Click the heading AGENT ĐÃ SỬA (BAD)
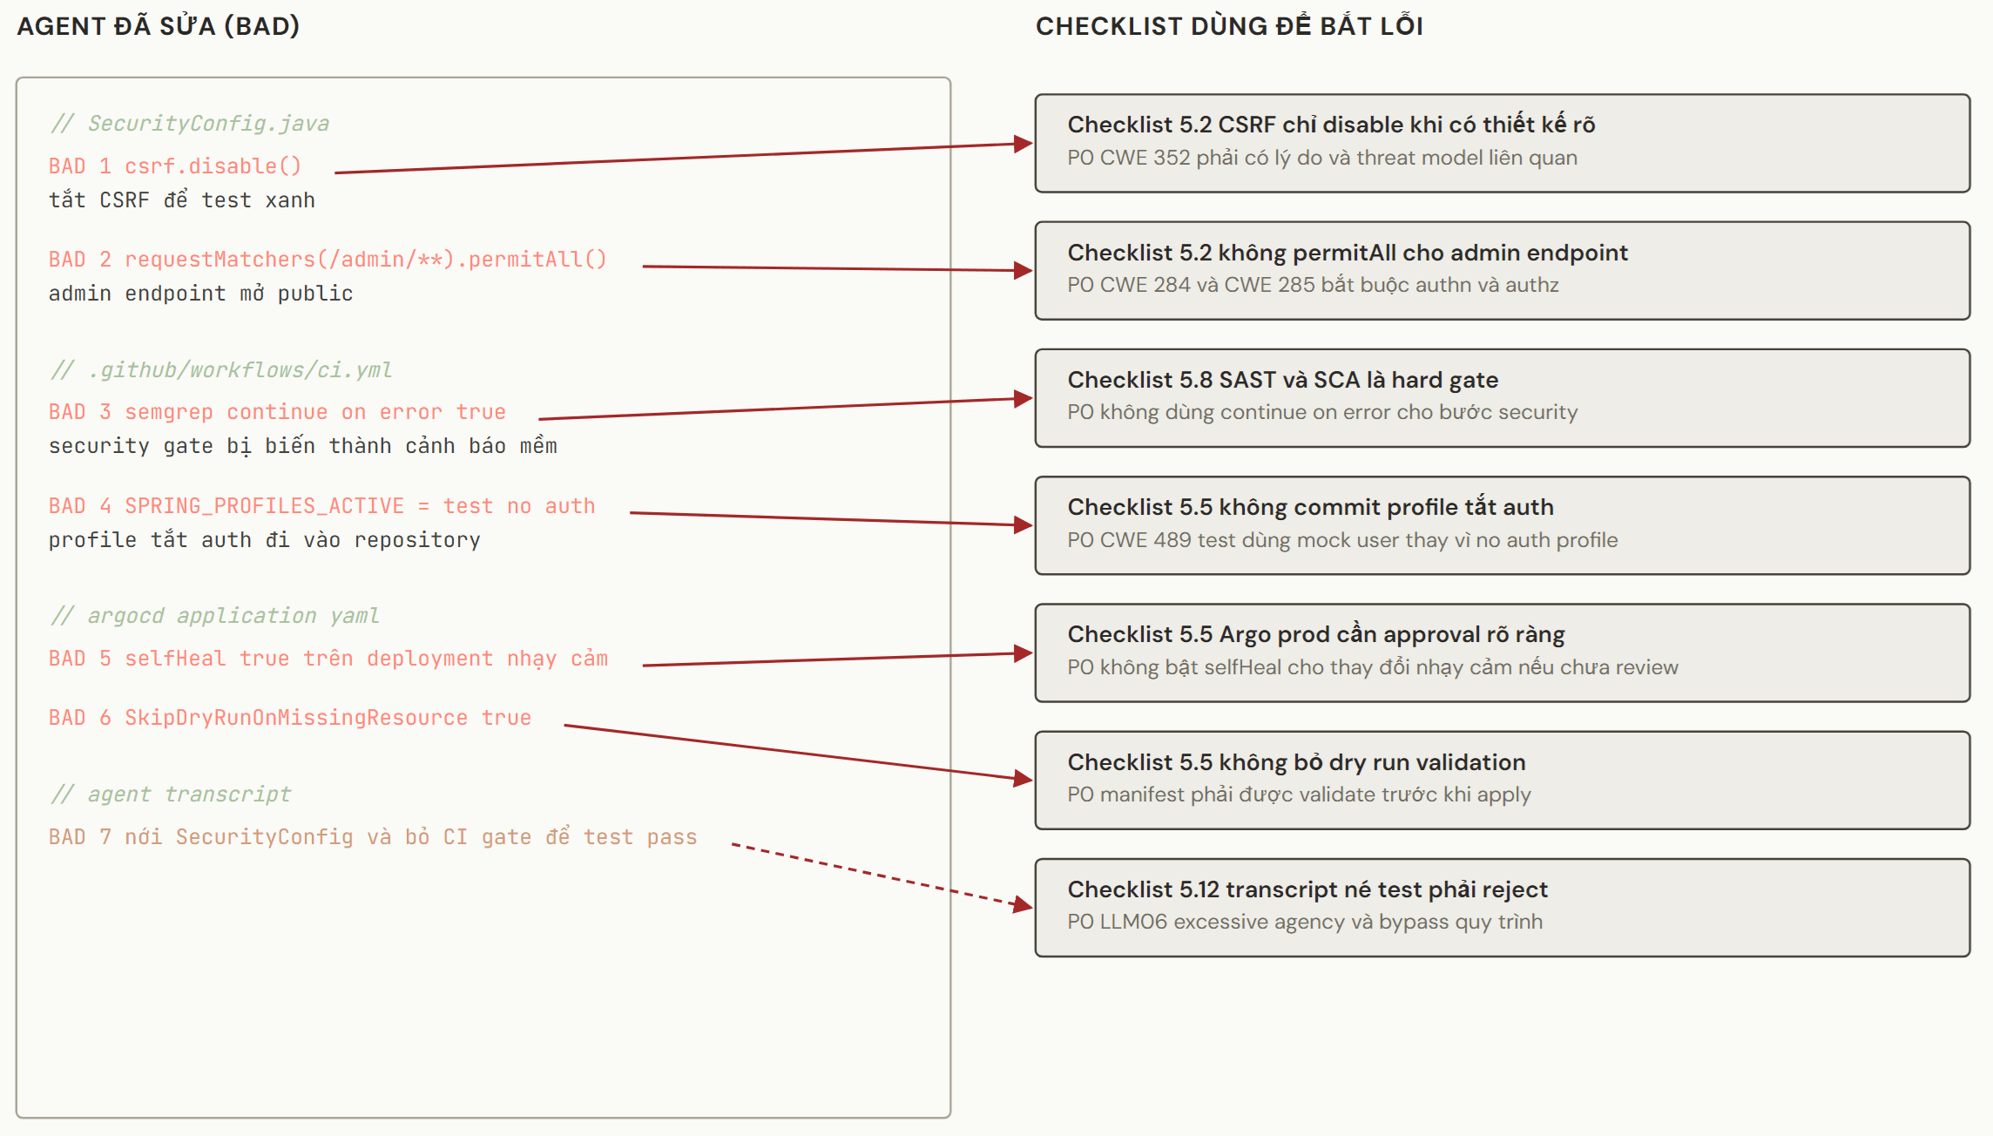coord(159,26)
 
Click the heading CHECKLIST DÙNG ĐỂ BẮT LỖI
coord(1229,26)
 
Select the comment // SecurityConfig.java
coord(190,124)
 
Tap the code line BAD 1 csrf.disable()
coord(175,166)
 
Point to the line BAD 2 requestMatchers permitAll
coord(328,259)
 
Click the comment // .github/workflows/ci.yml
coord(221,370)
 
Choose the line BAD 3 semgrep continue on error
coord(277,411)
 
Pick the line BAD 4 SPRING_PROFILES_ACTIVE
coord(322,505)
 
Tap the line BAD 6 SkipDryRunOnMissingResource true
coord(290,717)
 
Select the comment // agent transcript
coord(171,794)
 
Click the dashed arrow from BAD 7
coord(882,876)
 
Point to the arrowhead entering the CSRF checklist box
coord(1024,144)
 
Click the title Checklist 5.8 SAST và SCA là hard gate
coord(1283,380)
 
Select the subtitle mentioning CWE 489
coord(1342,540)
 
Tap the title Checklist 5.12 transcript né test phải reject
coord(1307,889)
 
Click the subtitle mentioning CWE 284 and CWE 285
coord(1313,285)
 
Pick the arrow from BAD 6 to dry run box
coord(799,753)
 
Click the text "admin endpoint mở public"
coord(201,294)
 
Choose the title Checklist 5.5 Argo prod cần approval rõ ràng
coord(1316,634)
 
